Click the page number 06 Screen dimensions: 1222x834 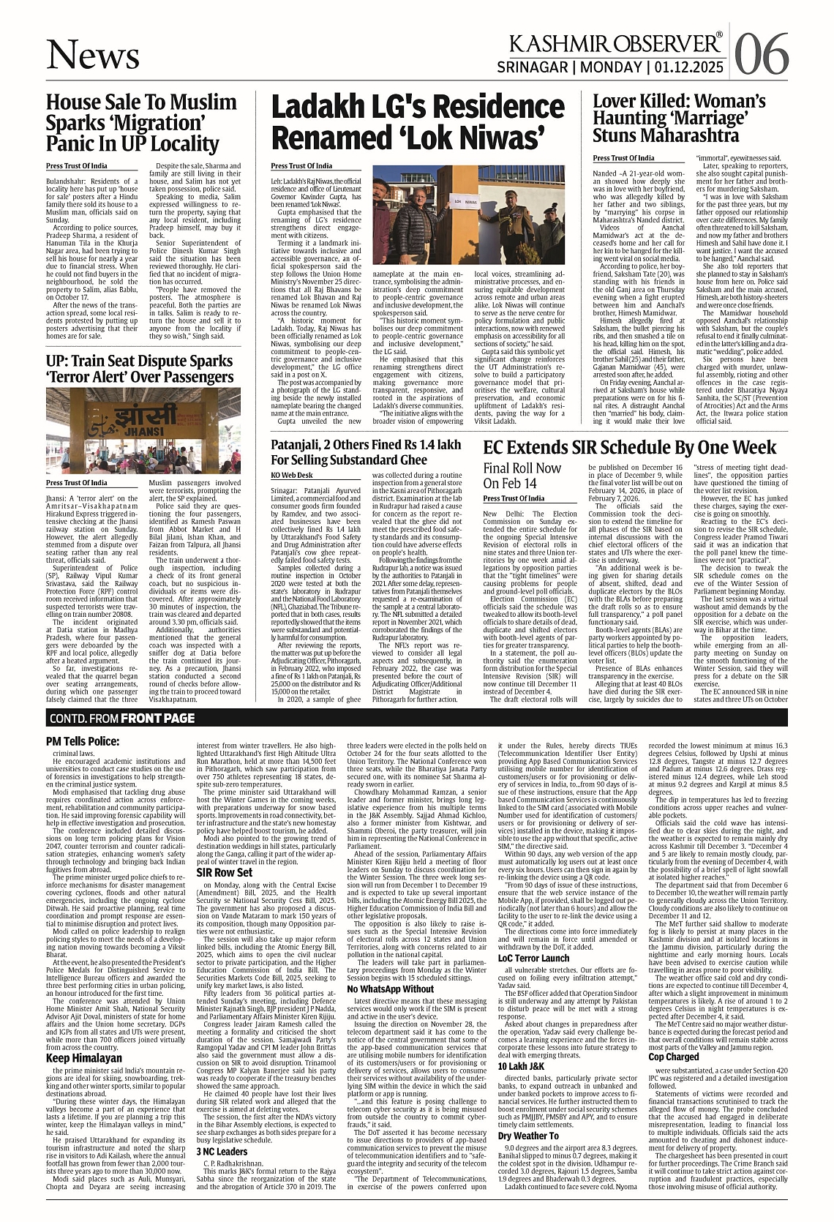(762, 53)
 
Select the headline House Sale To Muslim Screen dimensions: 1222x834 (141, 121)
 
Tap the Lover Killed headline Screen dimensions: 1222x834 (679, 118)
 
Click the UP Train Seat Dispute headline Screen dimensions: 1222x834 (140, 369)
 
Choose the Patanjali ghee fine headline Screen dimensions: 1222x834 (366, 452)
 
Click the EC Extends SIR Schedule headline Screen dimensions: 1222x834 (630, 448)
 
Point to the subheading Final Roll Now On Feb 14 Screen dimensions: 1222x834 (522, 476)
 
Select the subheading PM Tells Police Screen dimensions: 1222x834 (82, 741)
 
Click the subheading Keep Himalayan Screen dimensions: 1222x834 (84, 1058)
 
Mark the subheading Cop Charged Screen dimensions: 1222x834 (674, 1057)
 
